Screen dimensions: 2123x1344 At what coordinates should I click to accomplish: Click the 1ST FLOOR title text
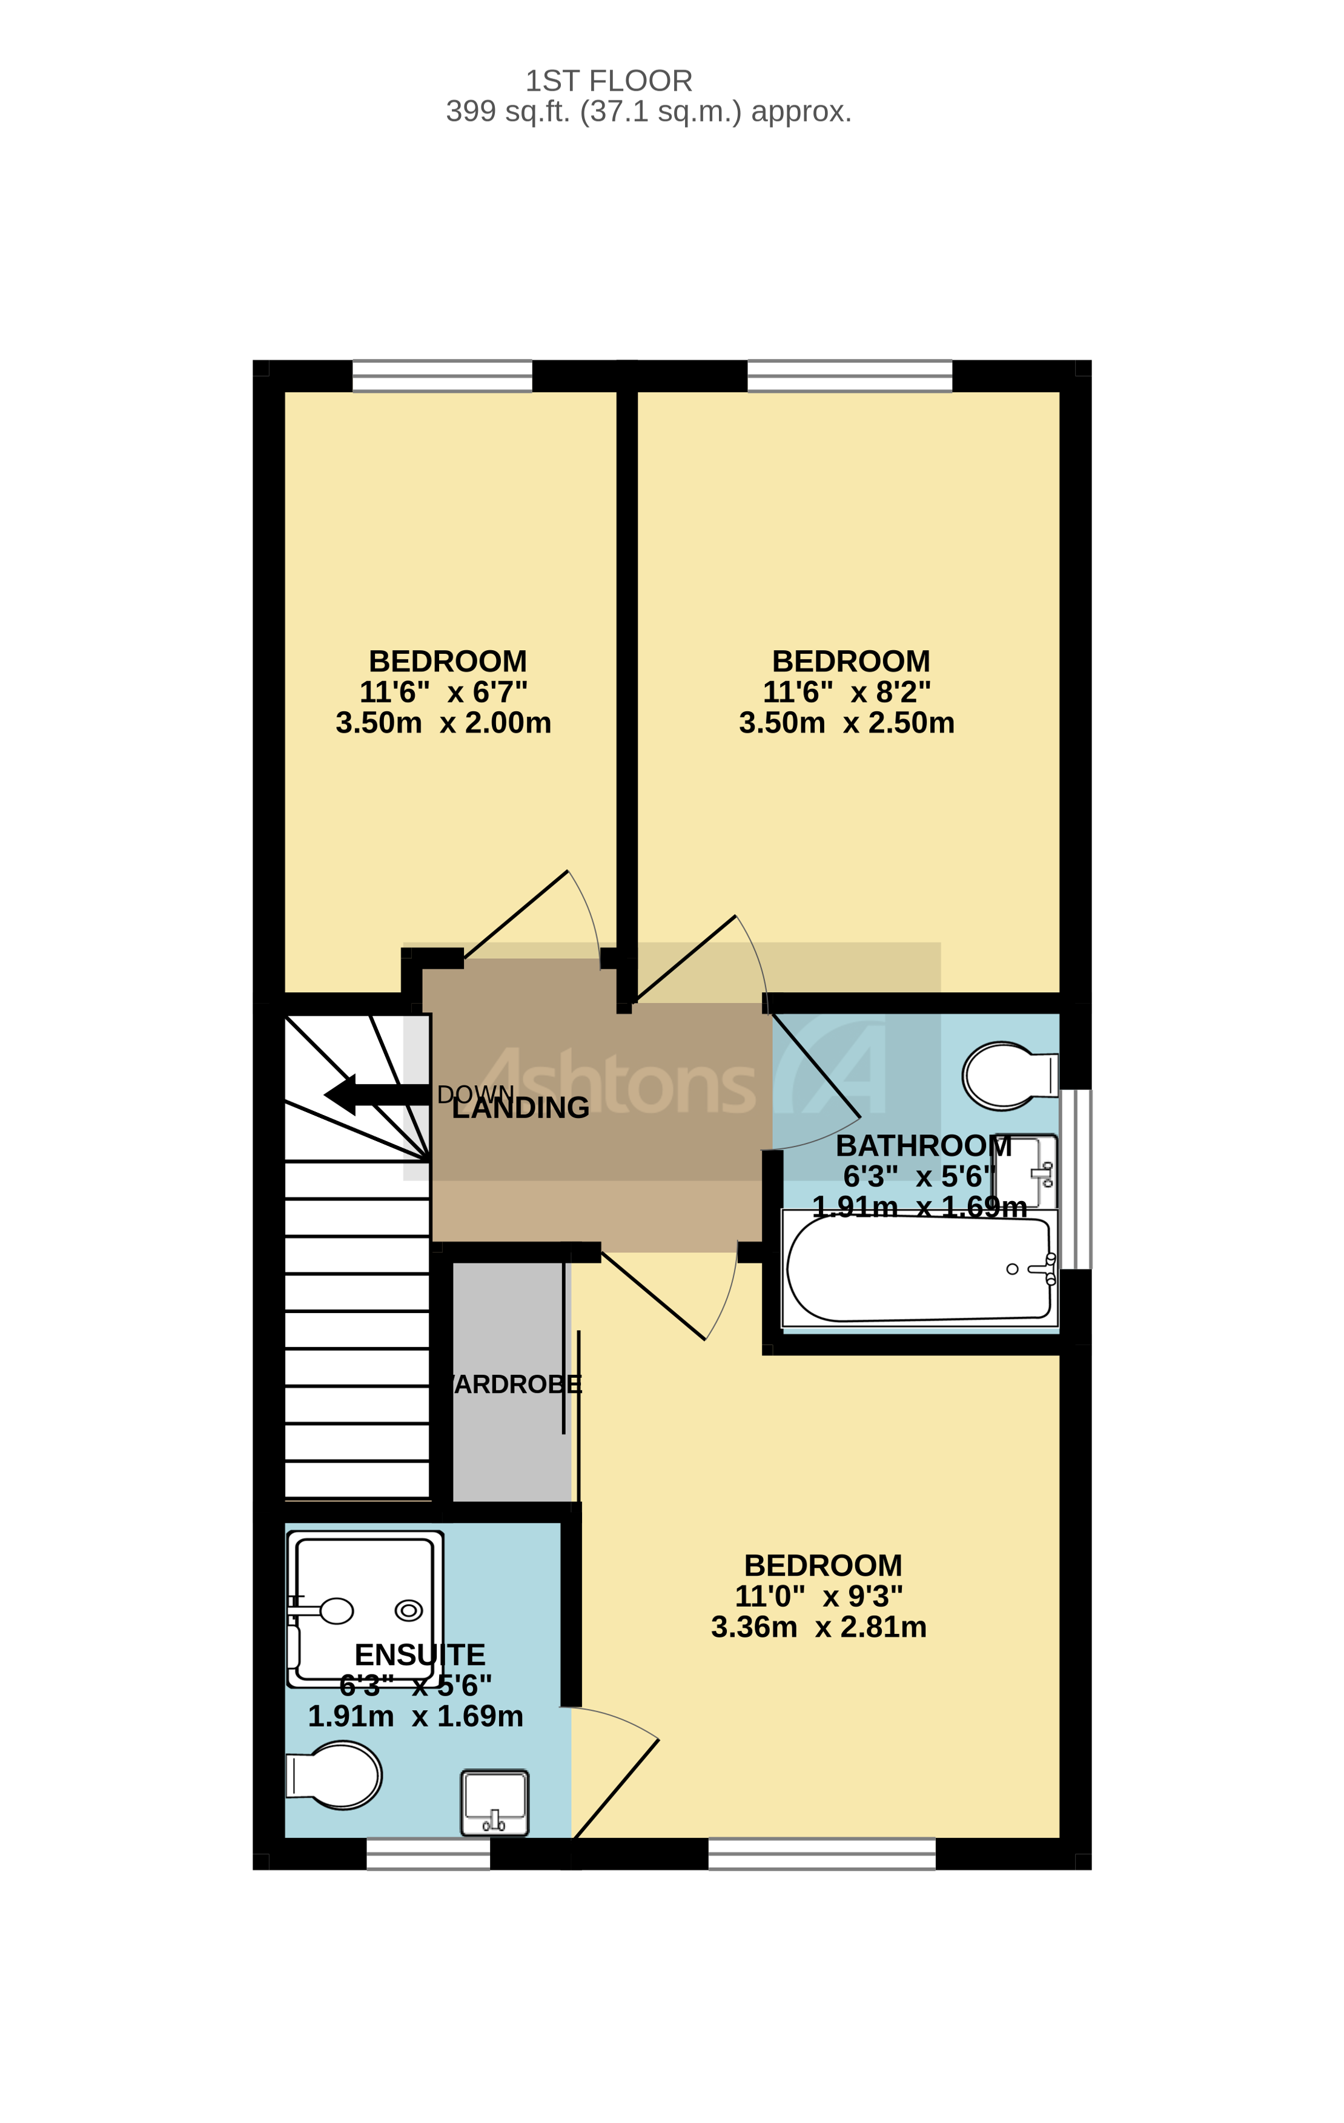(x=609, y=81)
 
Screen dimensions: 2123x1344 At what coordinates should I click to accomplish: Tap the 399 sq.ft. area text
(x=648, y=112)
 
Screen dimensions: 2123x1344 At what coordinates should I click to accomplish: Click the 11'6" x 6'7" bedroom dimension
(x=443, y=692)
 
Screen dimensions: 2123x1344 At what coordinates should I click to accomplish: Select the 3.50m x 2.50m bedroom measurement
(x=847, y=723)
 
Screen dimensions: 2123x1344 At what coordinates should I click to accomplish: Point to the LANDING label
(x=520, y=1108)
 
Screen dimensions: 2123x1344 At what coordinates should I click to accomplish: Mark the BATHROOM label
(x=923, y=1146)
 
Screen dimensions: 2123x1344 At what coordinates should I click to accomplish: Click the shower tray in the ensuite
(x=364, y=1610)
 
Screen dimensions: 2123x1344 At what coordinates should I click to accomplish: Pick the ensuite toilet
(x=335, y=1776)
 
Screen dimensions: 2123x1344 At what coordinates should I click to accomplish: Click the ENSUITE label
(x=420, y=1656)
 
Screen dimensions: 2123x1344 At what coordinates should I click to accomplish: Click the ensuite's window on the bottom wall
(x=428, y=1854)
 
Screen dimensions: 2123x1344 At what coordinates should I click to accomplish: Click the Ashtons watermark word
(x=617, y=1082)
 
